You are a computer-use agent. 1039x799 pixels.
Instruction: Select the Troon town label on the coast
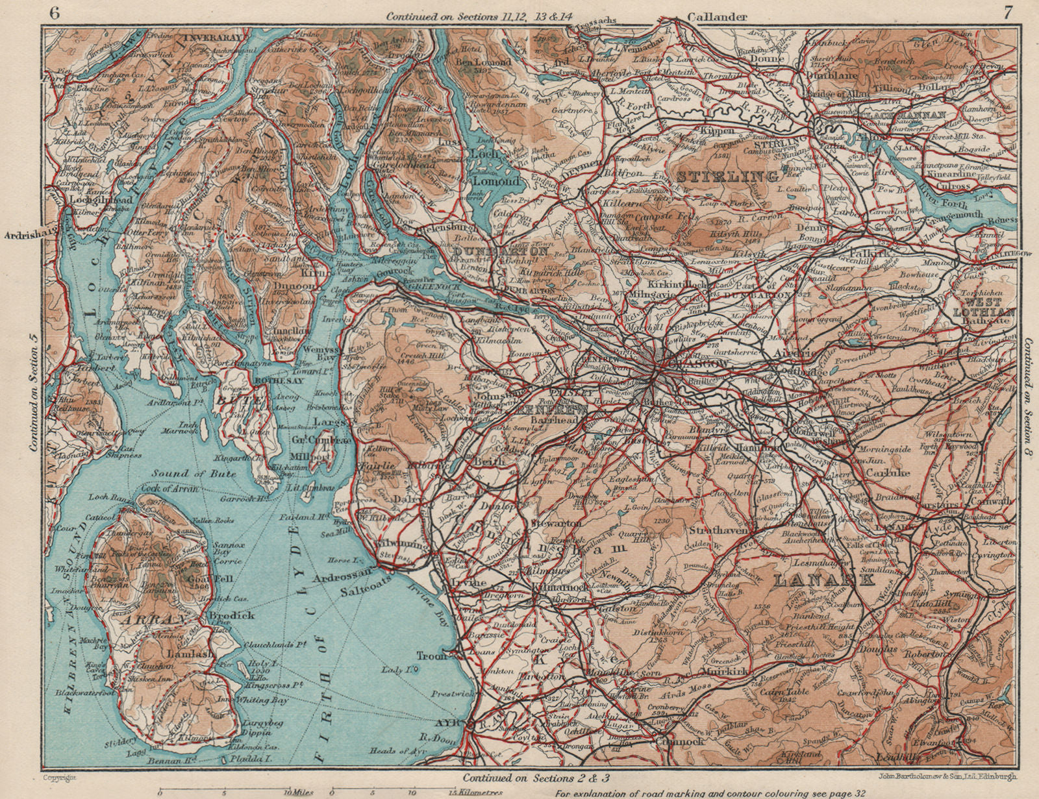click(x=432, y=656)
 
